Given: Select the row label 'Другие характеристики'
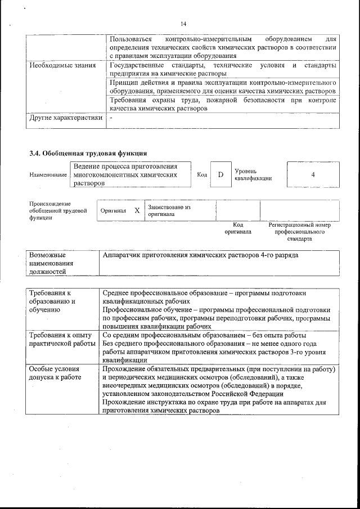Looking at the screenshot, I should (x=66, y=118).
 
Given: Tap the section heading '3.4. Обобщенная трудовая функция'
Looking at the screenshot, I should (x=88, y=153).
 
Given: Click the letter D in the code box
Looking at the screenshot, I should (x=221, y=174).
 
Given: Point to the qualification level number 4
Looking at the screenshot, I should (x=313, y=174).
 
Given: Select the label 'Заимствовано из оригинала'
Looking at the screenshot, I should (x=169, y=210).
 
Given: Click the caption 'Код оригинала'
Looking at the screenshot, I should (x=238, y=228).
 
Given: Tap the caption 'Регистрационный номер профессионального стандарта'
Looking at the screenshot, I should (x=300, y=231).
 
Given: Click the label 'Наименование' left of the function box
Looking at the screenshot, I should (x=48, y=175).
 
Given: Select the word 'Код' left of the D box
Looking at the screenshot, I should (x=202, y=175).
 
